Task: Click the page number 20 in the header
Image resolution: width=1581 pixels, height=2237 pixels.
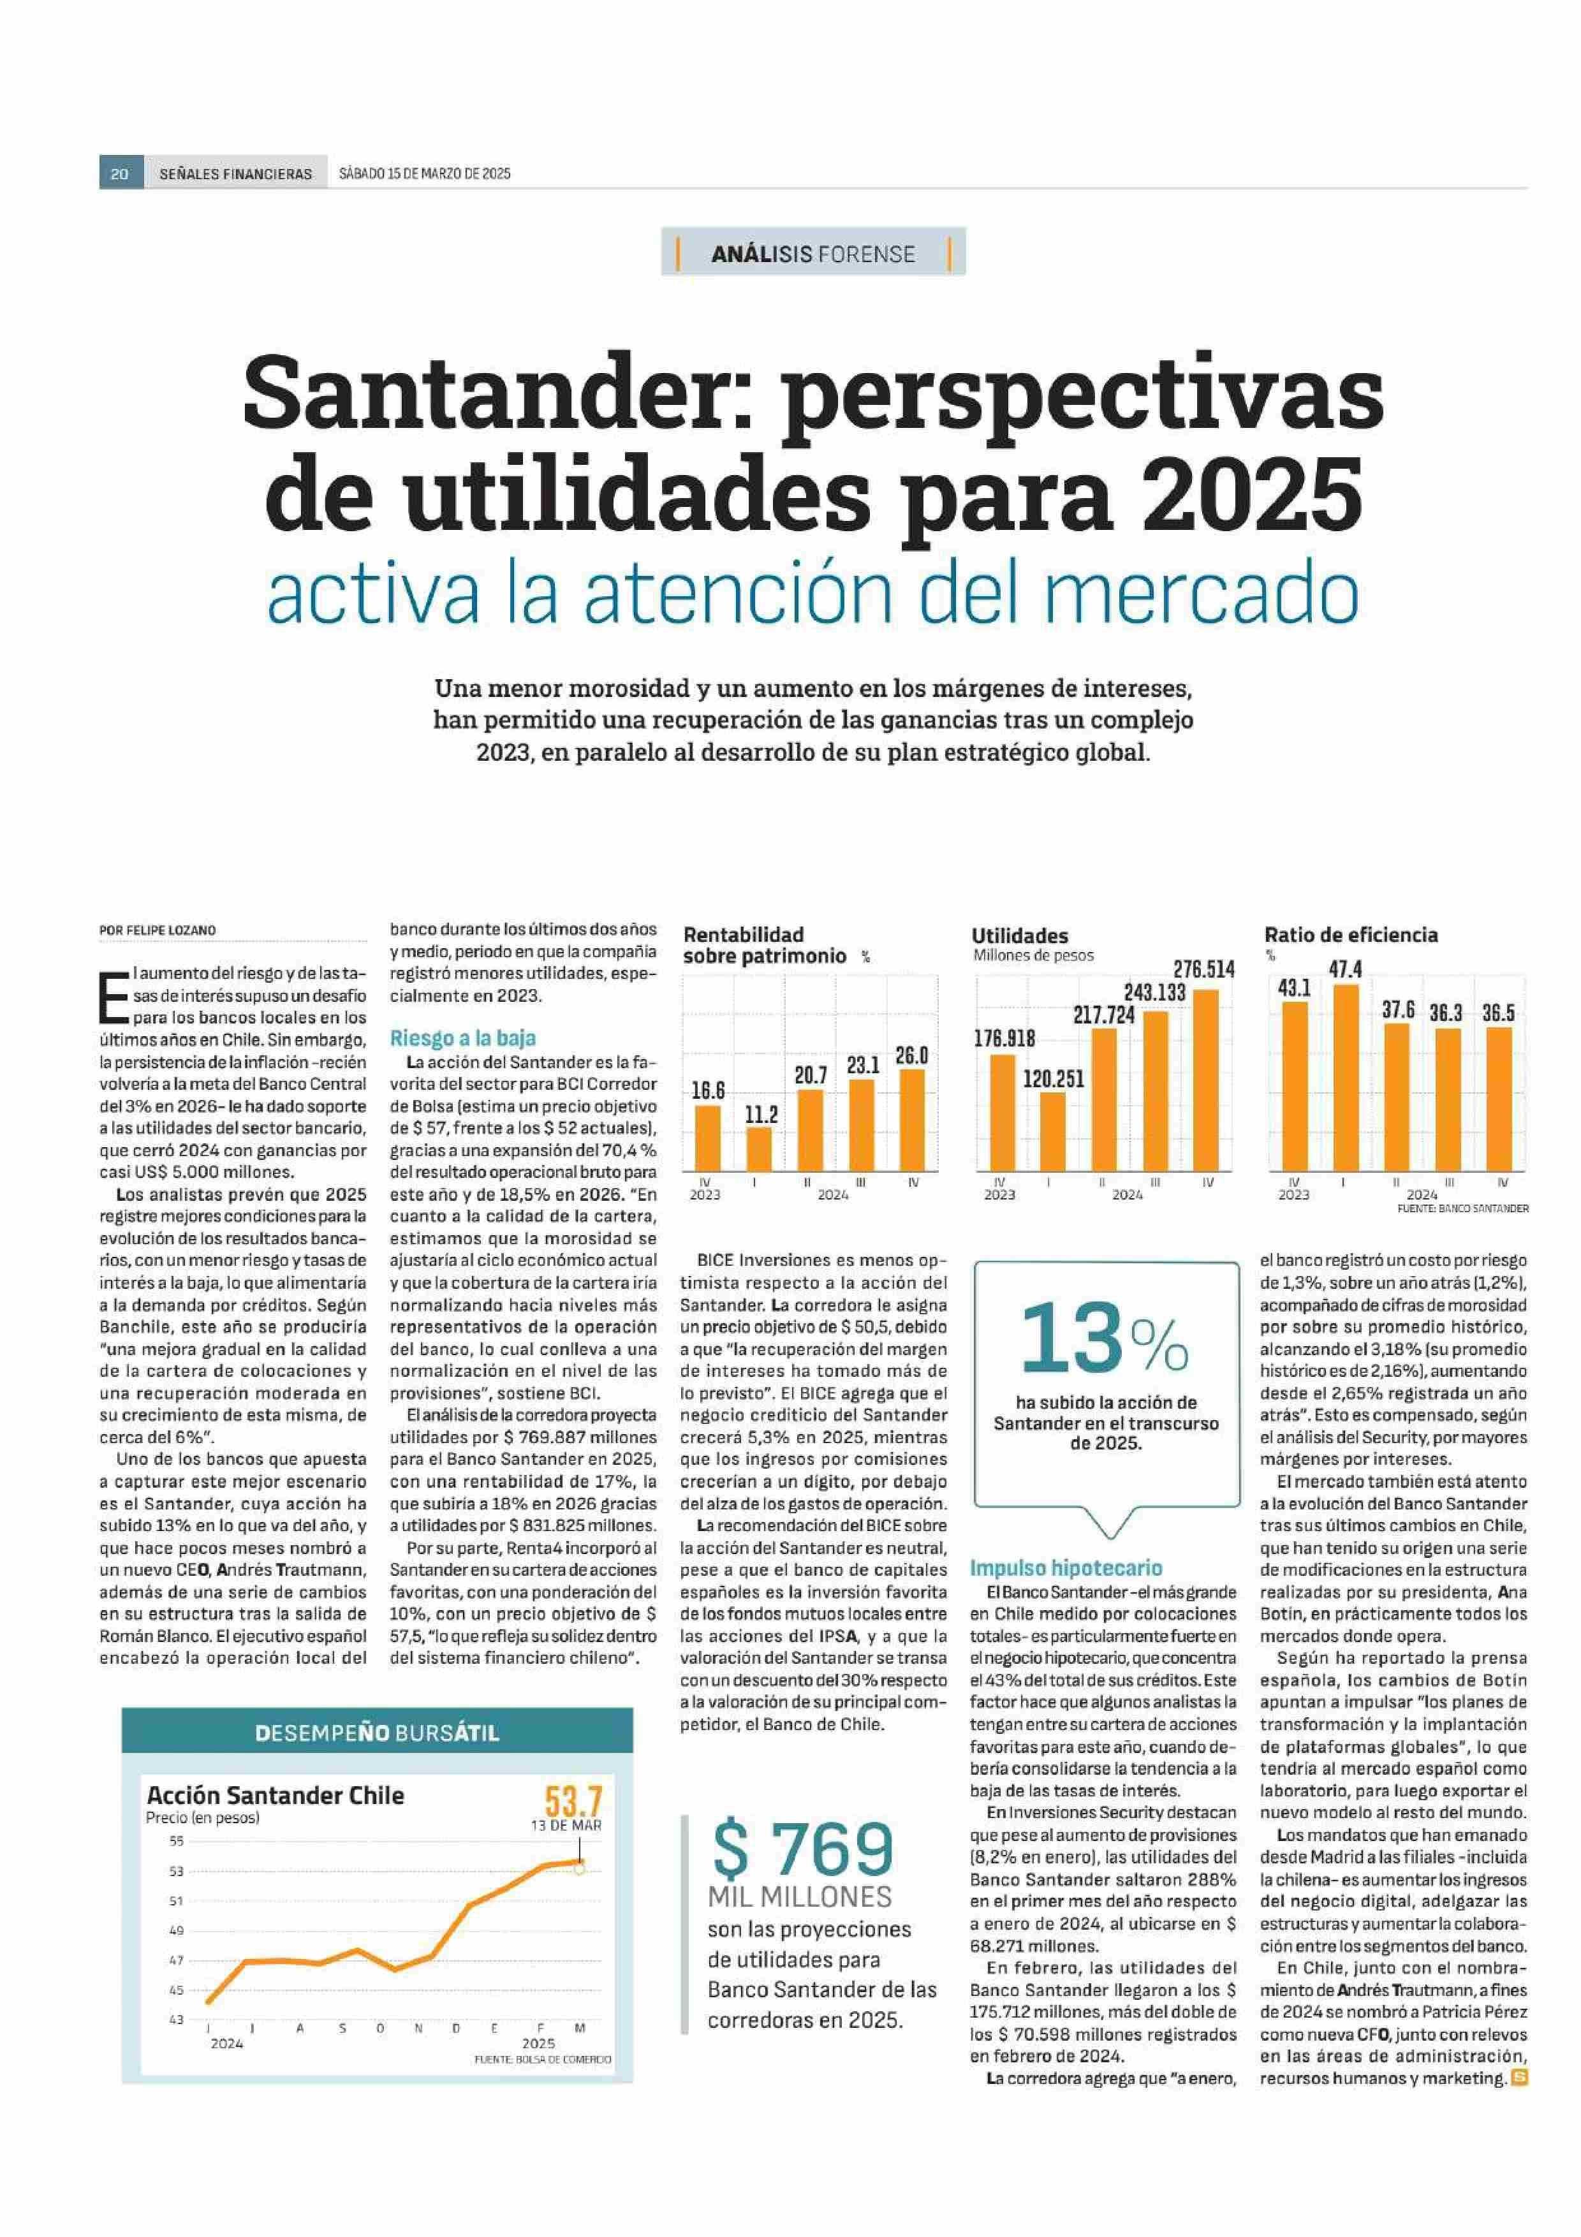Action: [120, 173]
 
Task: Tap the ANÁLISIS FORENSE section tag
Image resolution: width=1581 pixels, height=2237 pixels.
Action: [813, 254]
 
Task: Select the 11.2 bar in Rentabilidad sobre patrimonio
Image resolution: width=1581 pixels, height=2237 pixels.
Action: [759, 1148]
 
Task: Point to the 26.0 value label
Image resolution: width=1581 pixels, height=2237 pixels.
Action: [912, 1055]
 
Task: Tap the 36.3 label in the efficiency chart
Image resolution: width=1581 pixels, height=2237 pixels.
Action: [1446, 1013]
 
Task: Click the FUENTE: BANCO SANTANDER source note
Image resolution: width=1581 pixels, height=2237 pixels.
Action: [1462, 1208]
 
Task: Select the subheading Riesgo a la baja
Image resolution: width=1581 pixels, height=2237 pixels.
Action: [463, 1039]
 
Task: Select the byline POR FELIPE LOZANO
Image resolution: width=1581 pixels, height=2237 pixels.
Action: [158, 930]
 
